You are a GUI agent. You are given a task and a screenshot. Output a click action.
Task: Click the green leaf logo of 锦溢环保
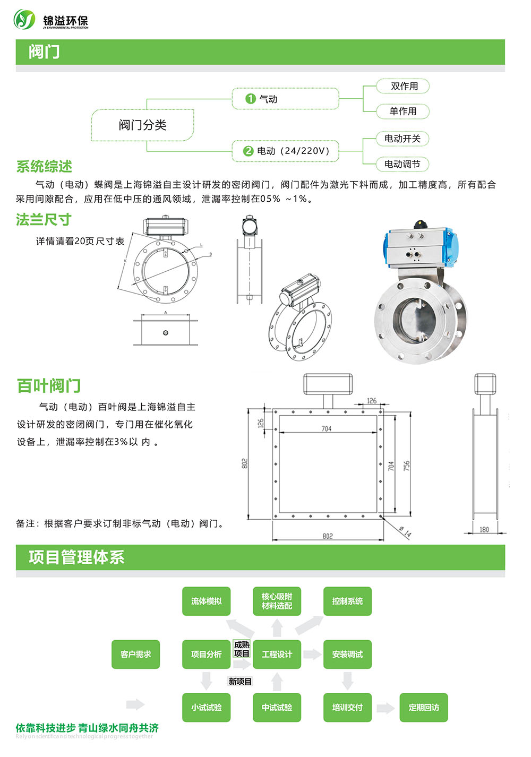pos(24,19)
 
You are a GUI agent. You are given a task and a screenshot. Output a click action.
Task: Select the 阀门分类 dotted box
pos(142,125)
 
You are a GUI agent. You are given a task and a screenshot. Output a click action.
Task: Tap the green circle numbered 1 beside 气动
pos(251,99)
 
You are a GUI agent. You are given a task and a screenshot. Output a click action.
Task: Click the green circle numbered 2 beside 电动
pos(249,151)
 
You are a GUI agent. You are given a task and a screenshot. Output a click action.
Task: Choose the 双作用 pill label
pos(403,86)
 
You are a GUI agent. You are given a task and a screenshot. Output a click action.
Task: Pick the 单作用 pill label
pos(403,111)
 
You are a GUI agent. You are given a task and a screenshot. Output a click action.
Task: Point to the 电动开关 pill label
pos(402,139)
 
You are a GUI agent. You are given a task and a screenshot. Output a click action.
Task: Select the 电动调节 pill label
pos(402,164)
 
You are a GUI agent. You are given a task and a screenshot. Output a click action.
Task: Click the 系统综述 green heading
pos(44,167)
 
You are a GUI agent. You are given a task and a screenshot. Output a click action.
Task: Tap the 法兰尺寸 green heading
pos(44,220)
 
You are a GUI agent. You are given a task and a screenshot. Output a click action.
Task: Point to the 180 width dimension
pos(484,530)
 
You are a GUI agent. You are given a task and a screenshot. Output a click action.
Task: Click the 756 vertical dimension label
pos(407,466)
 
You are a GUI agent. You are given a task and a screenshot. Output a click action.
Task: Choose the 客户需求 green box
pos(135,654)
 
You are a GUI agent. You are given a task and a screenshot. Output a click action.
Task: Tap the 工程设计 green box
pos(277,654)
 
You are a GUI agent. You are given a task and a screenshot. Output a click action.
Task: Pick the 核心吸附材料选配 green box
pos(277,601)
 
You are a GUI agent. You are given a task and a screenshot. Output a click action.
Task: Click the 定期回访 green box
pos(424,707)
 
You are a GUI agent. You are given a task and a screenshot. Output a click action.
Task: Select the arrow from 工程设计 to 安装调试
pos(312,654)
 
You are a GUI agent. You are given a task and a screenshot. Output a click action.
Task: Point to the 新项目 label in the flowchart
pos(240,681)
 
